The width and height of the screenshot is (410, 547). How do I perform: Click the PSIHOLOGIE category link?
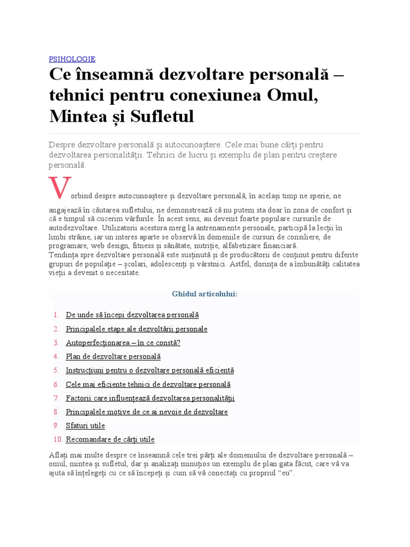72,59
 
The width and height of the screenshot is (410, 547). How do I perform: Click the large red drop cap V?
59,187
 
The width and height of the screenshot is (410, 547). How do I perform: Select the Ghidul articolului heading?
204,294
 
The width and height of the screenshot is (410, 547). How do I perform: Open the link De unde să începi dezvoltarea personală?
132,315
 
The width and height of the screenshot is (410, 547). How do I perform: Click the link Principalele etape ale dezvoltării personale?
136,329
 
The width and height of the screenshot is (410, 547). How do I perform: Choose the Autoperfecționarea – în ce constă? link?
123,342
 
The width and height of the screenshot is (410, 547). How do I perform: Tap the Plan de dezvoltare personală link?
113,356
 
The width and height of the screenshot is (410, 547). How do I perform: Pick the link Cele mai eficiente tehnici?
148,384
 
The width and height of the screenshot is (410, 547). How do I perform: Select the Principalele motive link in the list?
146,412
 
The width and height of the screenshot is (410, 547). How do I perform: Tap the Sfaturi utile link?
85,426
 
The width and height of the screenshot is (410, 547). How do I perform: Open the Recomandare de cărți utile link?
110,440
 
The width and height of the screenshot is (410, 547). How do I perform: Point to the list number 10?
58,440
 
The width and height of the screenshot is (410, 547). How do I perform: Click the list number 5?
56,370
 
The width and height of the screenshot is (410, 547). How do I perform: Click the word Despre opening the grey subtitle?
62,145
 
